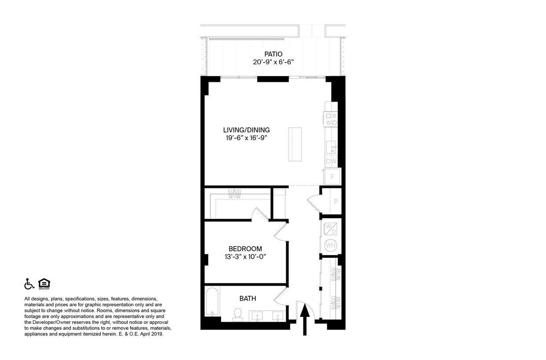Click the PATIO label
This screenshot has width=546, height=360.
pos(273,54)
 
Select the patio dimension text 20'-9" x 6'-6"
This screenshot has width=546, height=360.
pos(273,62)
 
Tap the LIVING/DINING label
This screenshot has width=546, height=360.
pos(246,130)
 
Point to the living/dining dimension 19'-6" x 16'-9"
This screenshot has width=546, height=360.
pos(246,138)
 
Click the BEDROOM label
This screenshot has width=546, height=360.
pos(245,249)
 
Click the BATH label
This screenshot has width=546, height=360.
pos(248,298)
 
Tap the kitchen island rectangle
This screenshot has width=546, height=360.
pos(295,144)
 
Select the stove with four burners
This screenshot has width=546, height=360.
pos(331,119)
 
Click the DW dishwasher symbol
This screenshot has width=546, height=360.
pos(331,161)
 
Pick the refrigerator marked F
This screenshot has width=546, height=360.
pos(332,177)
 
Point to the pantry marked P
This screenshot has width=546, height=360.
pos(336,202)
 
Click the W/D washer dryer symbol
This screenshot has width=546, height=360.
pos(330,229)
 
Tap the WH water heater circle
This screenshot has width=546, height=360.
pos(330,245)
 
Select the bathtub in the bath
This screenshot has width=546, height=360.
pos(212,302)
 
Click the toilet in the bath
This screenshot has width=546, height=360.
pos(238,314)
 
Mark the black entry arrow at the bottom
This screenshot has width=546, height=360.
pos(304,320)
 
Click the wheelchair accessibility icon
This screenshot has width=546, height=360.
pos(29,284)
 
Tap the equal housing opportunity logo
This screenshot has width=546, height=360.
pos(44,284)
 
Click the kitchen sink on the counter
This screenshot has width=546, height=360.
pos(331,147)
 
